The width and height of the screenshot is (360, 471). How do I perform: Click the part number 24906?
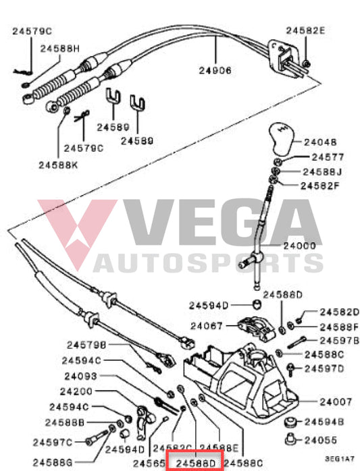[x=215, y=70]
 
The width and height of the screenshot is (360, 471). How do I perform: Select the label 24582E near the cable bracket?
[x=305, y=30]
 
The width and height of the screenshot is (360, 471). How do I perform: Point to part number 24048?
[x=320, y=142]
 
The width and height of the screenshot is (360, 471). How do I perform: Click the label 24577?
[x=320, y=157]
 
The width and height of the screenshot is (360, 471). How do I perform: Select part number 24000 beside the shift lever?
[x=319, y=246]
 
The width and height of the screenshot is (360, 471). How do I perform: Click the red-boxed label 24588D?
[x=195, y=463]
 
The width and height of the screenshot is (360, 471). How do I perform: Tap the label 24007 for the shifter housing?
[x=336, y=401]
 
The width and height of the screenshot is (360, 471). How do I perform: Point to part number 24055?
[x=321, y=439]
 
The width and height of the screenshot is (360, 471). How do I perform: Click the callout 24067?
[x=205, y=325]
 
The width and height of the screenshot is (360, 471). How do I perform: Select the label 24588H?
[x=59, y=49]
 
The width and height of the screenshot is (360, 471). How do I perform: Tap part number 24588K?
[x=59, y=164]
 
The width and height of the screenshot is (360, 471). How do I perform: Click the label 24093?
[x=81, y=376]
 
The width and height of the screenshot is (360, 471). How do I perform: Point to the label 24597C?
[x=68, y=442]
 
